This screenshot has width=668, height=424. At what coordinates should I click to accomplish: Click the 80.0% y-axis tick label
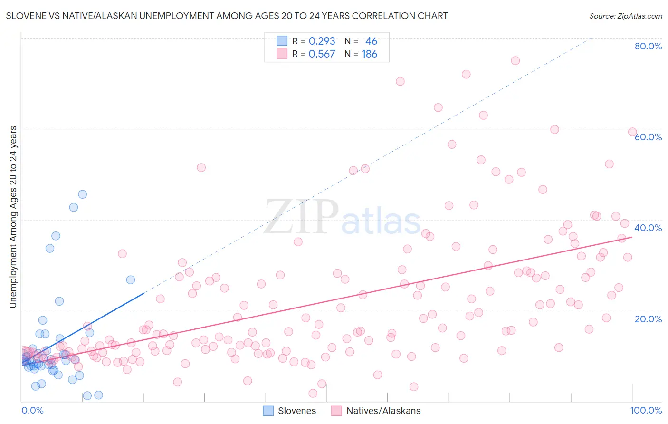tap(648, 46)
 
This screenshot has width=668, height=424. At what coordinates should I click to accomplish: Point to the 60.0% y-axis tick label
tap(648, 137)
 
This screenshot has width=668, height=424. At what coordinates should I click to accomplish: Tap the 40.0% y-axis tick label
tap(648, 228)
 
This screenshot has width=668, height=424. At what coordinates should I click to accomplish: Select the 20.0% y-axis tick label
tap(648, 318)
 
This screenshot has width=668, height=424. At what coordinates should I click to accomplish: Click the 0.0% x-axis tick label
tap(32, 410)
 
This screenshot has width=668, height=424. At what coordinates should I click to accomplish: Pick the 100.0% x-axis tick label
tap(646, 410)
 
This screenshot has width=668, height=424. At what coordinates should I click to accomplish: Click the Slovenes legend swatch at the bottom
tap(268, 411)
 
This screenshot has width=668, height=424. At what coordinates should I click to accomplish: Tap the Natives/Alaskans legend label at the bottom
tap(383, 411)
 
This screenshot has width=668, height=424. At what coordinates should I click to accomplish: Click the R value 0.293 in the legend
tap(322, 41)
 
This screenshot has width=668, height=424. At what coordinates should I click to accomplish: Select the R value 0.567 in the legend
tap(322, 54)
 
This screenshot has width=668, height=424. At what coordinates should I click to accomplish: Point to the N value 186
tap(369, 54)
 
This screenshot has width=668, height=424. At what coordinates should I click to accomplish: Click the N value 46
tap(371, 41)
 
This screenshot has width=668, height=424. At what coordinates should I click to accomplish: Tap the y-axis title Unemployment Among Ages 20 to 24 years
tap(13, 217)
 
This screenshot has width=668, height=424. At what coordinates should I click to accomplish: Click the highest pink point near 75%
tap(515, 60)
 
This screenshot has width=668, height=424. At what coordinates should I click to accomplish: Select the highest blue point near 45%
tap(83, 194)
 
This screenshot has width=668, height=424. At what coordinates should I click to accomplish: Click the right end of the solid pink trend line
tap(632, 237)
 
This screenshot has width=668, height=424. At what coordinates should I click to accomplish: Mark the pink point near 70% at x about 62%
tap(400, 81)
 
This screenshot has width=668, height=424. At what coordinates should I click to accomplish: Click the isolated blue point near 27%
tap(131, 280)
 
